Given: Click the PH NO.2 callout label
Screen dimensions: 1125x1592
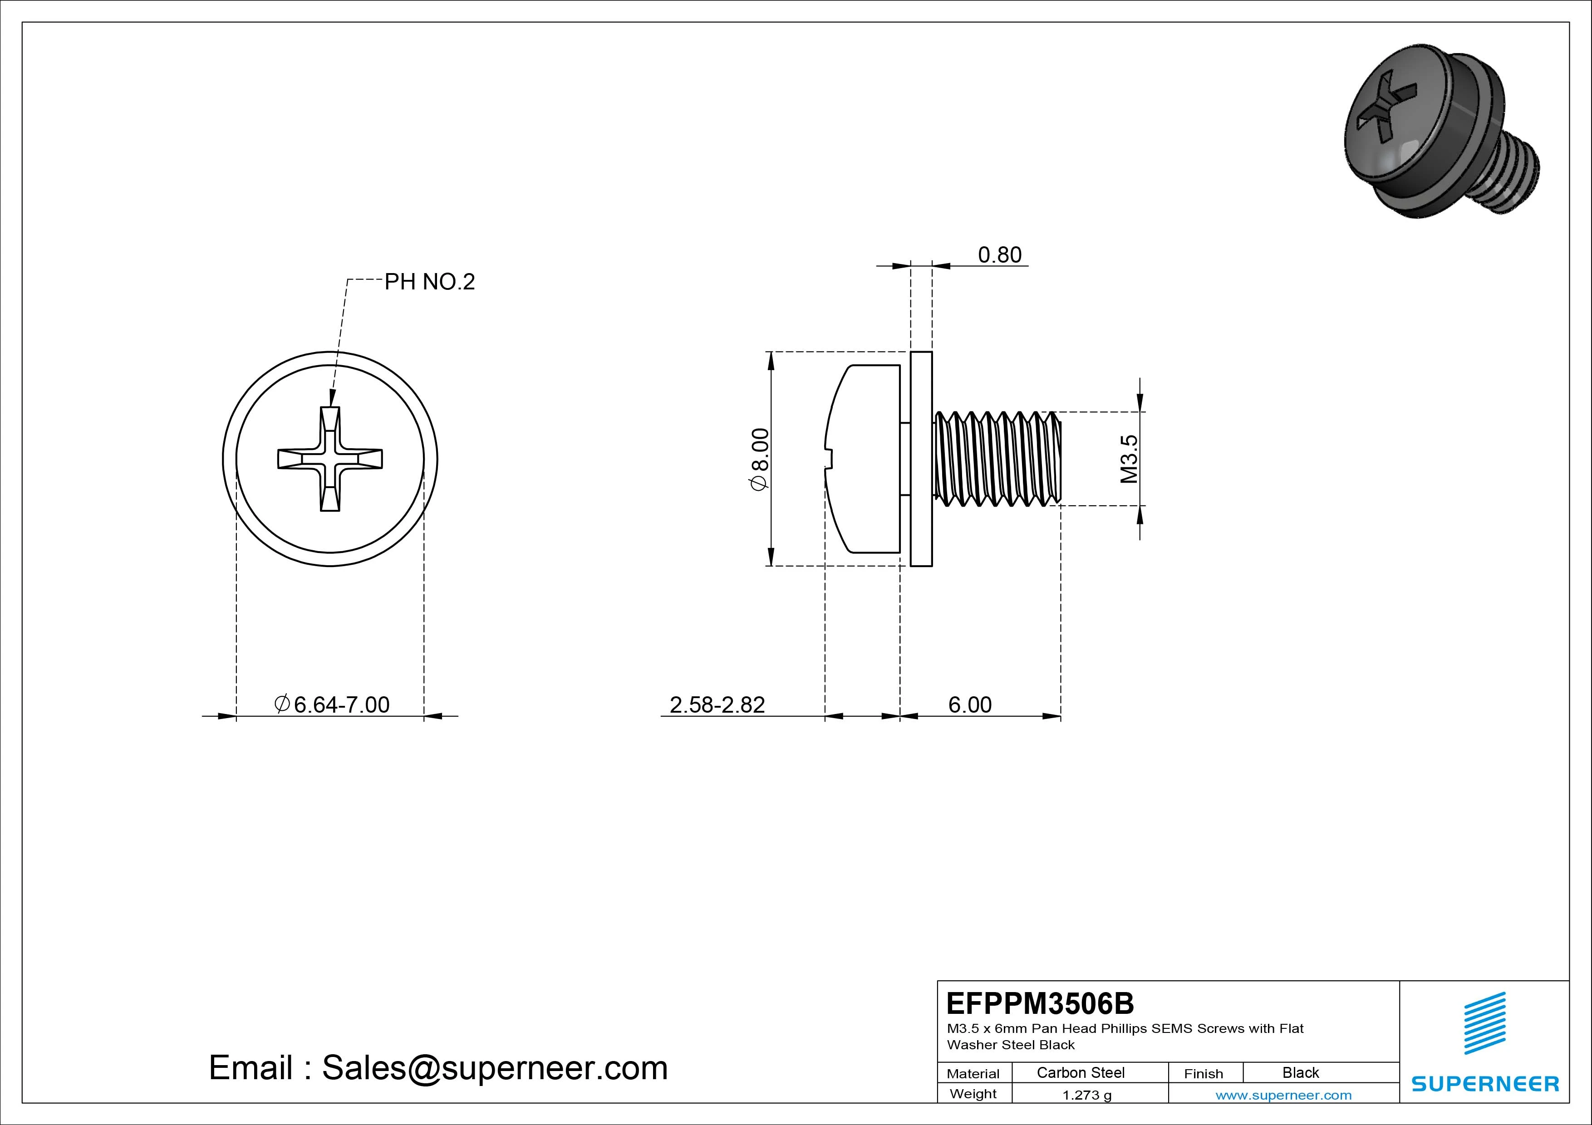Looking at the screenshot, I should coord(429,282).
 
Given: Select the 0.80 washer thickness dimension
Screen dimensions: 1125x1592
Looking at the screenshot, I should coord(999,255).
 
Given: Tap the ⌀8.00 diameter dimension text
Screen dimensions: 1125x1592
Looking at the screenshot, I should coord(760,459).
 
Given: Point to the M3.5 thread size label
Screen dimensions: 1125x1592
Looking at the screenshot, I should coord(1129,459).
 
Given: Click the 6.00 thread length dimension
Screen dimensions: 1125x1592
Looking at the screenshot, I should coord(969,705).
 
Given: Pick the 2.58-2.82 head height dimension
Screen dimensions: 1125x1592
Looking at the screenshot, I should coord(717,705).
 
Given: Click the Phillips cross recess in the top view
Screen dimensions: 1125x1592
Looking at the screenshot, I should coord(330,459).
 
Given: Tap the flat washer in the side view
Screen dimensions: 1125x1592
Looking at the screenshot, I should coord(921,459).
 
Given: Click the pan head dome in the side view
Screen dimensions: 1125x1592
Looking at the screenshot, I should coord(863,459).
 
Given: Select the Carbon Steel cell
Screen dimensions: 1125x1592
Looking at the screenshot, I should coord(1080,1072).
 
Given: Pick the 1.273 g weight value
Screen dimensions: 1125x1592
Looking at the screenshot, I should coord(1086,1095).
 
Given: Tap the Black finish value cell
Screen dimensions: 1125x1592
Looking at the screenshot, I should coord(1300,1072).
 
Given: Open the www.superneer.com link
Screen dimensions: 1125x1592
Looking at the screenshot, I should coord(1283,1095).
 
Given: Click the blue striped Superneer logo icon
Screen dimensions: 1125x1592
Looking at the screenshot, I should coord(1484,1023).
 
